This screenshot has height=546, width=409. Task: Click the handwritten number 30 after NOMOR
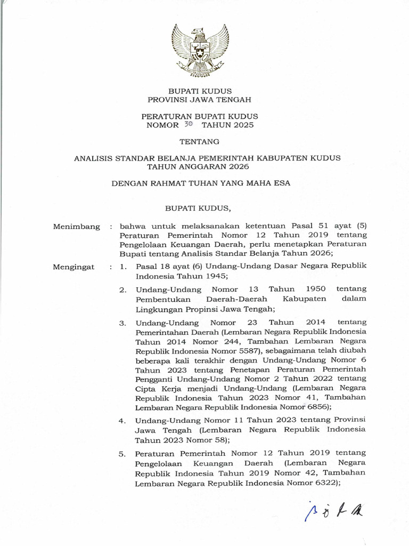pyautogui.click(x=187, y=125)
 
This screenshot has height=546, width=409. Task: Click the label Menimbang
pyautogui.click(x=77, y=227)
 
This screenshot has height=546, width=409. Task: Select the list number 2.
pyautogui.click(x=122, y=290)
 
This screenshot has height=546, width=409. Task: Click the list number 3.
pyautogui.click(x=122, y=324)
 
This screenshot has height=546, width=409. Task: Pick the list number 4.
pyautogui.click(x=122, y=421)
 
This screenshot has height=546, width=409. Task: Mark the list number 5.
pyautogui.click(x=122, y=454)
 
